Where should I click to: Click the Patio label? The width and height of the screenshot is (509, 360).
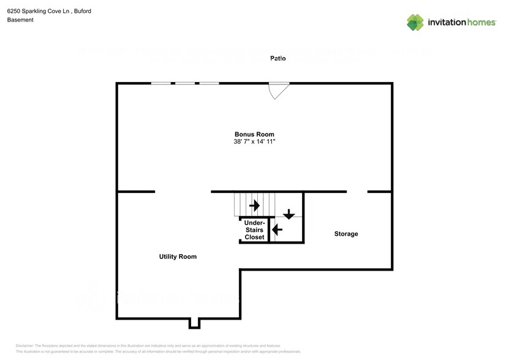tap(278, 58)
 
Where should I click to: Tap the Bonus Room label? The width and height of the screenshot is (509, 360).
tap(254, 134)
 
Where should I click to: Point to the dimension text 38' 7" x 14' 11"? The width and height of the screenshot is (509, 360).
tap(254, 142)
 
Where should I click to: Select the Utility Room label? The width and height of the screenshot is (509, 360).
tap(178, 257)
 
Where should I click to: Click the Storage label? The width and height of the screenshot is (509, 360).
tap(346, 234)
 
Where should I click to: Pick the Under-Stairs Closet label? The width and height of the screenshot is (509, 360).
tap(254, 230)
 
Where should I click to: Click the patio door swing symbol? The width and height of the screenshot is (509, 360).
tap(279, 90)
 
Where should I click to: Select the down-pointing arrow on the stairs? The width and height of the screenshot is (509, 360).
tap(288, 214)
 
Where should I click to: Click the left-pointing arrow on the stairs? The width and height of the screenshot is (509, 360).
tap(277, 230)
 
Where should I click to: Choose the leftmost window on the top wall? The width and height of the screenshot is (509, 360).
tap(161, 83)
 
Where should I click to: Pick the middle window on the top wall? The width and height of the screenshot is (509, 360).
tap(185, 83)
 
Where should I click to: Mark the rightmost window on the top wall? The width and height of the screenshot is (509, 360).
tap(209, 83)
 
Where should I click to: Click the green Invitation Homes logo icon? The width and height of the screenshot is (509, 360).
tap(415, 22)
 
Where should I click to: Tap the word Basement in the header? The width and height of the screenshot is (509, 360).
tap(20, 20)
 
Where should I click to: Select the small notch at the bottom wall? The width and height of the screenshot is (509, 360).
tap(195, 323)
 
